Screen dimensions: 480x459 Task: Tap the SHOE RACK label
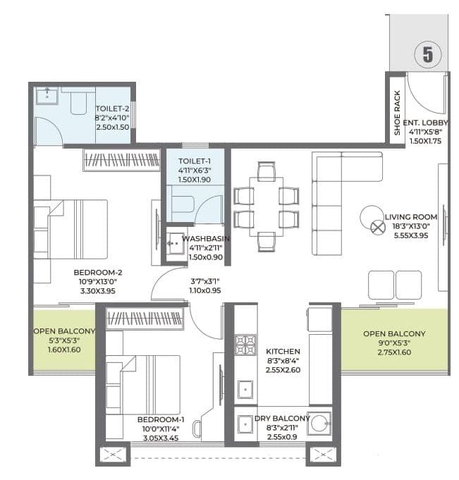tap(397, 112)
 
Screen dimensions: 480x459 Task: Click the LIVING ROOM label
tap(411, 216)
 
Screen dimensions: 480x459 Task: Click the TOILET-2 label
tap(113, 109)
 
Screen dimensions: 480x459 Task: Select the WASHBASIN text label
tap(205, 239)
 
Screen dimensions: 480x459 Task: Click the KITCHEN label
tap(283, 351)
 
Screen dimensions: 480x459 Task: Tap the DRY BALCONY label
tap(283, 418)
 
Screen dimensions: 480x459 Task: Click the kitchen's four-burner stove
tap(246, 345)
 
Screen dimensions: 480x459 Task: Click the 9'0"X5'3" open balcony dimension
tap(394, 345)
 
